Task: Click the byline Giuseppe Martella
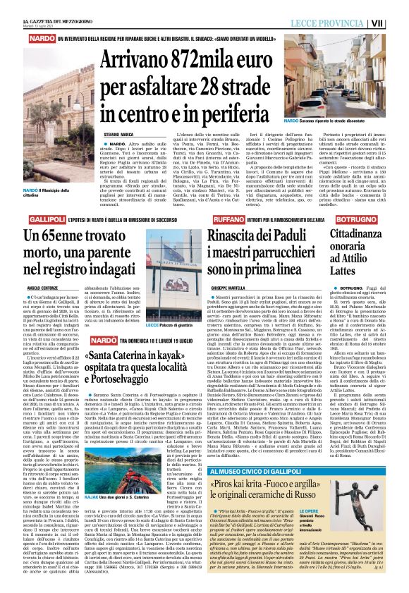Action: pos(228,269)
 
